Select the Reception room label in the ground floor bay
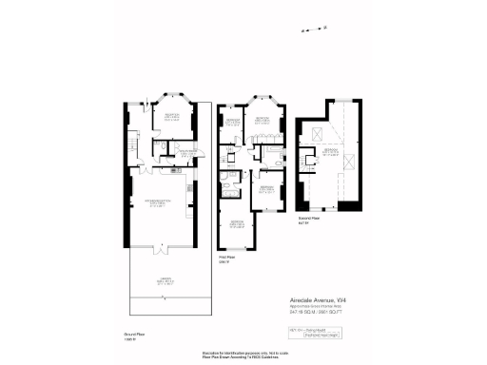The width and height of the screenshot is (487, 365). click(171, 117)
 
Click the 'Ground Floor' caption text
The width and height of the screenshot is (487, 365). click(132, 335)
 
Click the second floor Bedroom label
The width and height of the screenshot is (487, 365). click(330, 152)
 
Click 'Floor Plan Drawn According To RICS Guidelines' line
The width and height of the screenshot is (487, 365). click(243, 357)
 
